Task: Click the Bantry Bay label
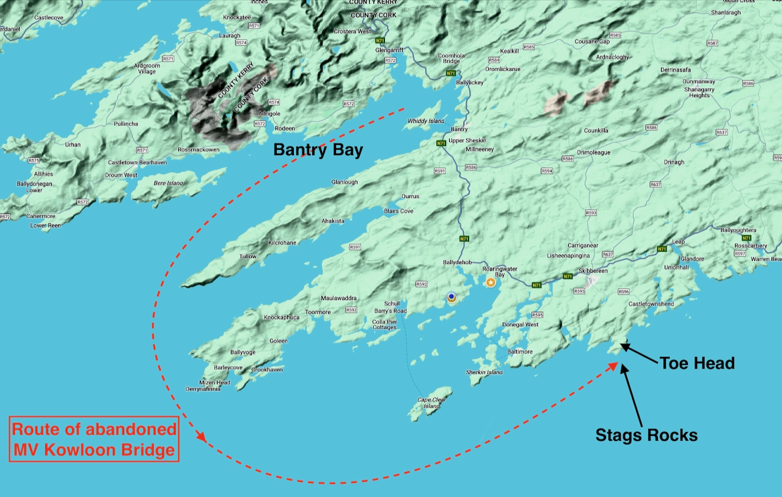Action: coord(318,150)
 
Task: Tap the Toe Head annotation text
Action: coord(696,363)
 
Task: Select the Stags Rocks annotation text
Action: coord(646,435)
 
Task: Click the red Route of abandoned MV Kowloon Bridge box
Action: coord(95,440)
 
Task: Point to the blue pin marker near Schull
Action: coord(451,297)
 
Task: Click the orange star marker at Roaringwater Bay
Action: coord(491,282)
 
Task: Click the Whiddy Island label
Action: coord(426,121)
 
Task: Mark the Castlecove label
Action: coord(49,18)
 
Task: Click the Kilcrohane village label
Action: coord(282,243)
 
